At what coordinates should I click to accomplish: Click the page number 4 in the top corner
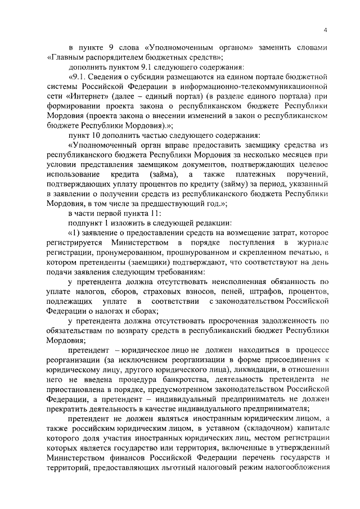tap(326, 30)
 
